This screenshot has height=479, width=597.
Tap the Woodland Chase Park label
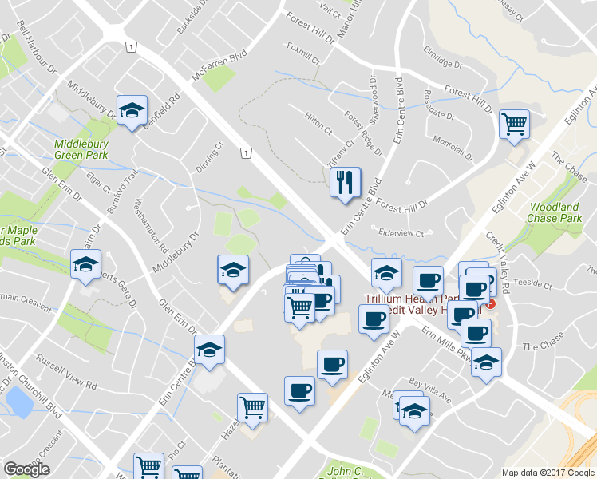coord(555,212)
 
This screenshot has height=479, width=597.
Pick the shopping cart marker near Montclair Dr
coord(514,123)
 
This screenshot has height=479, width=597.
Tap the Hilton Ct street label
coord(317,121)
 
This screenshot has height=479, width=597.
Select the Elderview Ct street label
coord(406,233)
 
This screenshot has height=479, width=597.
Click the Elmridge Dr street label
coord(444,60)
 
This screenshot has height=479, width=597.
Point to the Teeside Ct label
coord(533,283)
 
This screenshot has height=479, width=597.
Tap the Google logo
coord(26,469)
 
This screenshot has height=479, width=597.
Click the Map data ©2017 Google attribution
coord(548,473)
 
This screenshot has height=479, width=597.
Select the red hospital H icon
coord(491,303)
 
